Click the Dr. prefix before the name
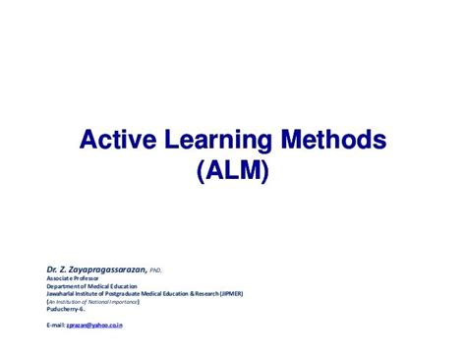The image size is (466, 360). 53,268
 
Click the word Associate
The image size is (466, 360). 62,276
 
